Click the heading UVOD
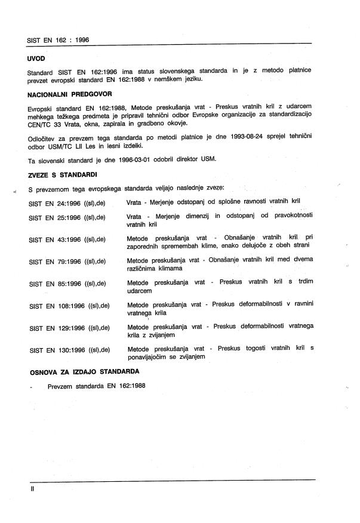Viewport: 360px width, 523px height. pyautogui.click(x=36, y=60)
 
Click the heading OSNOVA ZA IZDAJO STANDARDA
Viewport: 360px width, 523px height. pyautogui.click(x=84, y=371)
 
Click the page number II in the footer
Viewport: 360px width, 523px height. pyautogui.click(x=33, y=488)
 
